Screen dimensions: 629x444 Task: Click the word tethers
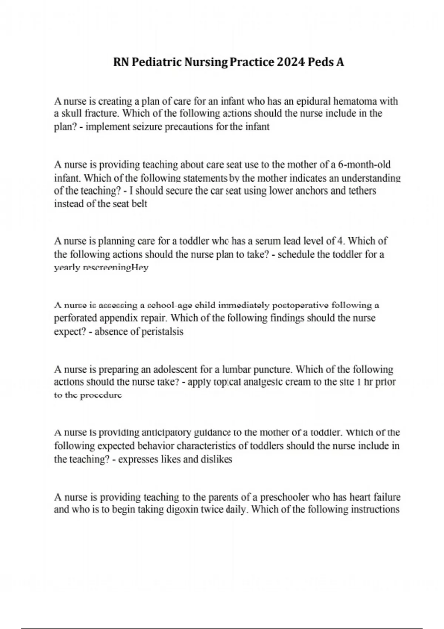[362, 191]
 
